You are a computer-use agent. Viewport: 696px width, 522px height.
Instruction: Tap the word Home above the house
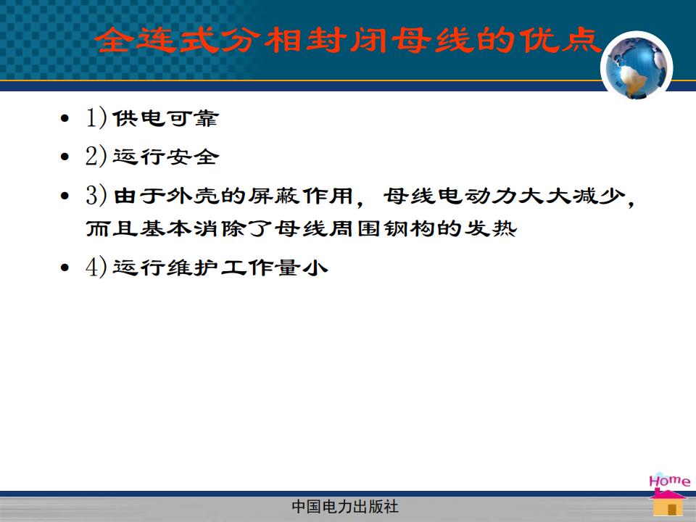pos(669,481)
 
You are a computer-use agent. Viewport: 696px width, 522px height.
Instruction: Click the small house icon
pos(668,502)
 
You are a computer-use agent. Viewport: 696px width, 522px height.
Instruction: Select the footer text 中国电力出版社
pos(345,507)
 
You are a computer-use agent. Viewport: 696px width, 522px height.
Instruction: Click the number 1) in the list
pos(96,117)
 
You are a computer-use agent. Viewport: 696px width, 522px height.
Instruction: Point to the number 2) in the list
pos(96,156)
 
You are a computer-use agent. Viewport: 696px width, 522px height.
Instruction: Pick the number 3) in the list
pos(96,195)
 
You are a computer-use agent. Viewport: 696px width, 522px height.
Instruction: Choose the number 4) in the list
pos(96,267)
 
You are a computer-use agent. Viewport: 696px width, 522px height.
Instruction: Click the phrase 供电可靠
pos(165,118)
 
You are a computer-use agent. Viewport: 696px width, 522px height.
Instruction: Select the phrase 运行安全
pos(165,157)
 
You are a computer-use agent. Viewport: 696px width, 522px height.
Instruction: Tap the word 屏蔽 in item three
pos(273,195)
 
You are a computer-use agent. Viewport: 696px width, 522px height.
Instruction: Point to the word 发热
pos(490,228)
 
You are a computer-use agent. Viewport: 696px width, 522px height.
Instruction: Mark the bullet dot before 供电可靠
pos(65,118)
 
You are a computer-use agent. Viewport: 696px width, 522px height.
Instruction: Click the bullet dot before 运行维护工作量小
pos(65,268)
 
